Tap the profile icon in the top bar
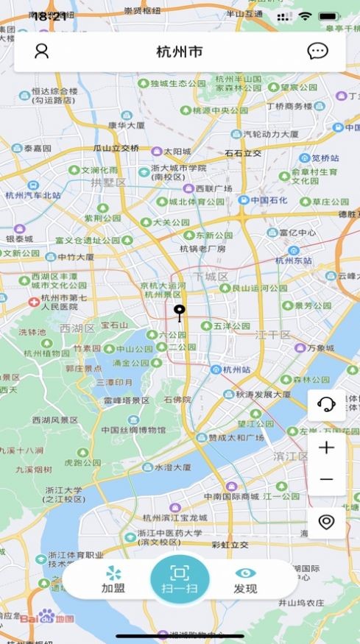(42, 52)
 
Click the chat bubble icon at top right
(317, 52)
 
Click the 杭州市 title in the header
(180, 52)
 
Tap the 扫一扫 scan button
(180, 579)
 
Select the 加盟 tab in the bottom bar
(113, 579)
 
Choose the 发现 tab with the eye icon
(245, 579)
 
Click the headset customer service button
(326, 403)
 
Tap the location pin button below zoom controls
(326, 522)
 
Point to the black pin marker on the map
(178, 313)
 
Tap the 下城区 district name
(211, 276)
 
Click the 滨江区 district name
(290, 456)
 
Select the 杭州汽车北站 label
(32, 195)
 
